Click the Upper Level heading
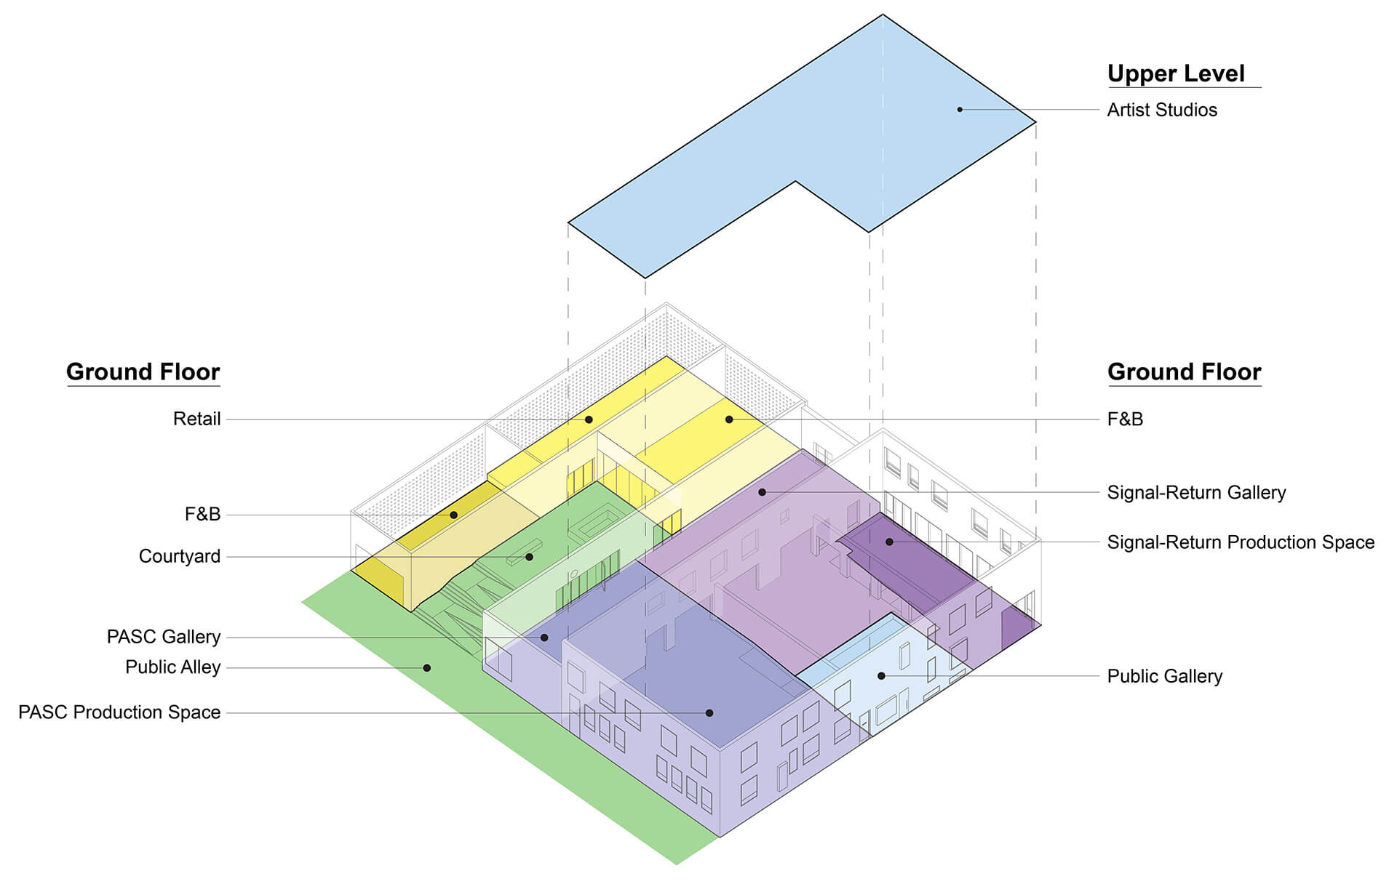coord(1176,73)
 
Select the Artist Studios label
coord(1162,110)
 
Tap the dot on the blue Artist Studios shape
coord(960,110)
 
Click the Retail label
coord(196,419)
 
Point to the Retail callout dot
coord(589,419)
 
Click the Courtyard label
coord(180,556)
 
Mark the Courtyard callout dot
coord(529,557)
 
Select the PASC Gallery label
coord(164,637)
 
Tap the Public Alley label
coord(172,667)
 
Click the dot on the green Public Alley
coord(427,668)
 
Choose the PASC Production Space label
coord(119,712)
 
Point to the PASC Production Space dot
coord(709,713)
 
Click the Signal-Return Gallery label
coord(1196,492)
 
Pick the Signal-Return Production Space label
coord(1241,542)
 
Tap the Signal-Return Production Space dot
coord(889,542)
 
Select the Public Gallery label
coord(1164,676)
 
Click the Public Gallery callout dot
coord(881,676)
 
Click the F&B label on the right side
coord(1125,419)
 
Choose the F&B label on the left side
coord(202,514)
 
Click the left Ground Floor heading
coord(143,371)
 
